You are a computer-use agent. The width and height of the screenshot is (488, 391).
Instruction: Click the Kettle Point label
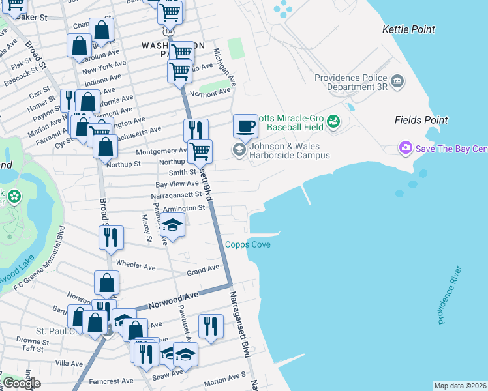(408, 29)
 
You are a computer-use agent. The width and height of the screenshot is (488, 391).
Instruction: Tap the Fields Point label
(421, 120)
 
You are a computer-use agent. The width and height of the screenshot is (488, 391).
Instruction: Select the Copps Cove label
(248, 245)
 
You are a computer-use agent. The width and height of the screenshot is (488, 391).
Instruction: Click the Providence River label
(450, 295)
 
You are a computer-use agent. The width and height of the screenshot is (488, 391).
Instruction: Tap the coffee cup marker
(245, 126)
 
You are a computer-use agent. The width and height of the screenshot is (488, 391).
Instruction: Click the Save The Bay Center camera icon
(406, 149)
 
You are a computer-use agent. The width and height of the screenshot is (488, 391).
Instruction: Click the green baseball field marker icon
(333, 121)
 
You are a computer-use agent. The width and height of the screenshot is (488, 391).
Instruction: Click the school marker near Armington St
(172, 225)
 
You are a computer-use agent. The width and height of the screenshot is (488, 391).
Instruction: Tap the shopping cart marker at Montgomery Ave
(200, 151)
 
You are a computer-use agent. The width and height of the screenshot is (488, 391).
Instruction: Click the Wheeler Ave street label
(136, 264)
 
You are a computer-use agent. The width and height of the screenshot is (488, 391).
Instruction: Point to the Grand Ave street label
(203, 269)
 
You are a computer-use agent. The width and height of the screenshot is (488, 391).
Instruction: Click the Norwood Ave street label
(172, 300)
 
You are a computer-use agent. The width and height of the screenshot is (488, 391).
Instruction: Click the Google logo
(22, 383)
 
